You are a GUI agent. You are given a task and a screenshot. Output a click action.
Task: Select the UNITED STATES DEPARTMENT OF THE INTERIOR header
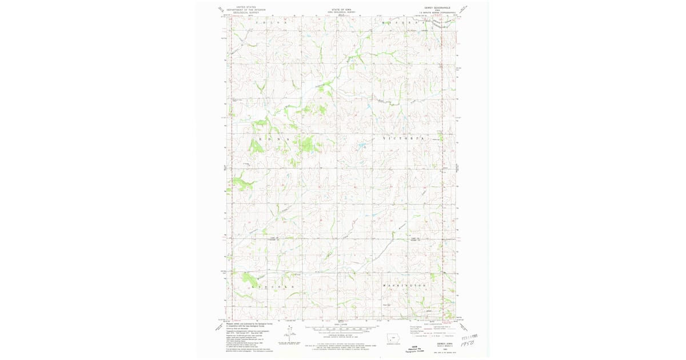246,10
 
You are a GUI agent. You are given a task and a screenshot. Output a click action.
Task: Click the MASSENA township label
404,23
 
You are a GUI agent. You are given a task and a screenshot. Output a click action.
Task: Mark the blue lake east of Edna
362,146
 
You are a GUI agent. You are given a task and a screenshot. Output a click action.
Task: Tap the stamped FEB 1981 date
471,336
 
